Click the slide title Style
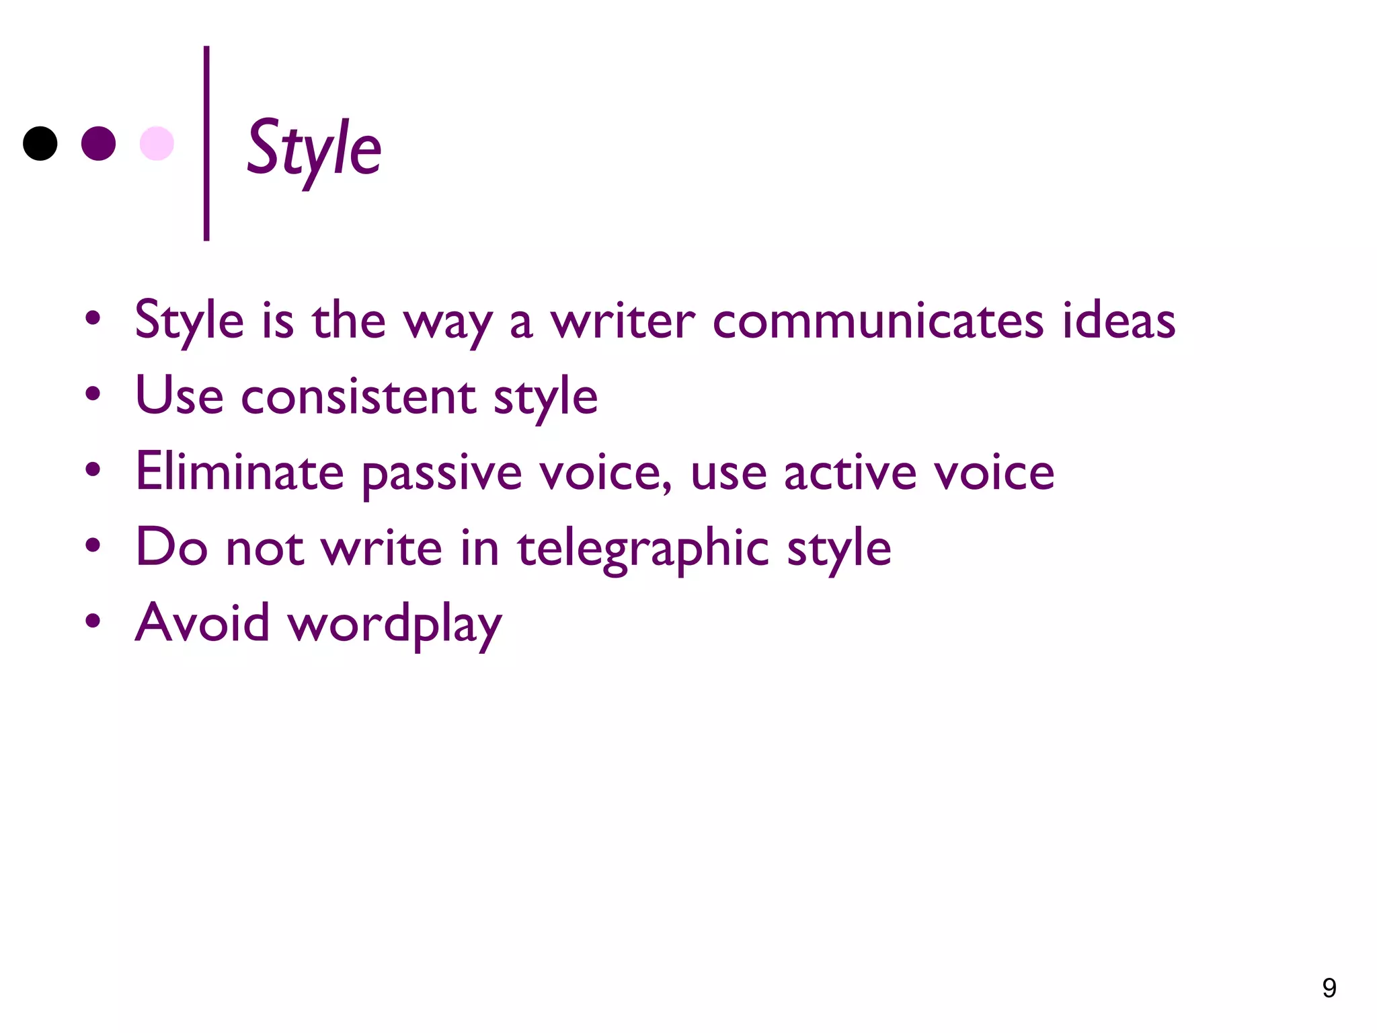(314, 149)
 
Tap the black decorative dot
(40, 143)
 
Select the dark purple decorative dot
(98, 143)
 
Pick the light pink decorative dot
(157, 143)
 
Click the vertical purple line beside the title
(206, 143)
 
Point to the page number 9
(1329, 988)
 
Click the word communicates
(877, 321)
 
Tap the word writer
(623, 321)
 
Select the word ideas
(1119, 321)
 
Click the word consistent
(358, 397)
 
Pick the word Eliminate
(239, 471)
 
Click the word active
(850, 473)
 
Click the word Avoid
(202, 623)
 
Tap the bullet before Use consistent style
(93, 394)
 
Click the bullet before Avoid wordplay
(93, 621)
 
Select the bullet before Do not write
(93, 545)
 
